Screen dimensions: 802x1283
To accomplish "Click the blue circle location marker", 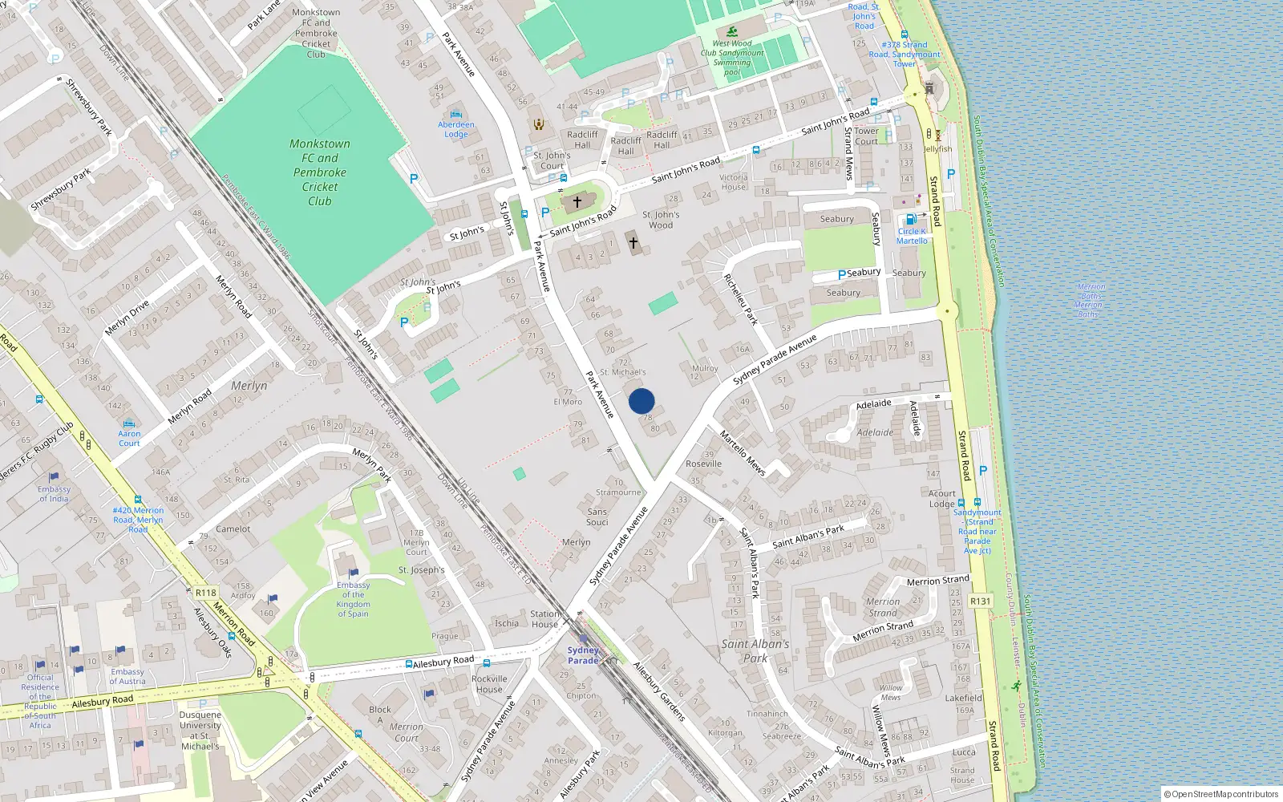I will (641, 401).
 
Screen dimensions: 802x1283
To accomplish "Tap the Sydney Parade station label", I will (583, 655).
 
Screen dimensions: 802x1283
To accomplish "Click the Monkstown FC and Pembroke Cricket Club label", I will (320, 172).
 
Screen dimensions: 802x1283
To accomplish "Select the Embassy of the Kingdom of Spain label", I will (353, 600).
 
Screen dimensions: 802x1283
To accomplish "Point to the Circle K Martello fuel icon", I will (910, 219).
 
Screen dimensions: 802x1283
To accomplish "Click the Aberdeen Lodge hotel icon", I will (456, 114).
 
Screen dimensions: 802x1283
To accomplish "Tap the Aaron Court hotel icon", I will (129, 423).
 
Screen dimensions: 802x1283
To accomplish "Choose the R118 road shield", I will (205, 593).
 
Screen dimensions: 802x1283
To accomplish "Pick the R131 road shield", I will (980, 601).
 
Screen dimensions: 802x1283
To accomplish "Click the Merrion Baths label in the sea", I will (1090, 300).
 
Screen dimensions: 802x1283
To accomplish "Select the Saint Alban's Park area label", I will (755, 650).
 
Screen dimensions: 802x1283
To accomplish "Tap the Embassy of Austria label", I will (127, 676).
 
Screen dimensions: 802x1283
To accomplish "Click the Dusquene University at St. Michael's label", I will (200, 730).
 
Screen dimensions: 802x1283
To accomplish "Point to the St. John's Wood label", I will (661, 220).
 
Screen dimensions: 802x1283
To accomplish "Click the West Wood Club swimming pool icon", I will (732, 33).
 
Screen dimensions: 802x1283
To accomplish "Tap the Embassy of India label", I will (54, 493).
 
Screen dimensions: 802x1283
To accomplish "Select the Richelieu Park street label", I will (740, 299).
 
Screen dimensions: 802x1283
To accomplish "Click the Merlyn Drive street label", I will (127, 318).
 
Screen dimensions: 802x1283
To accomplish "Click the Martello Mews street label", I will (743, 454).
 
